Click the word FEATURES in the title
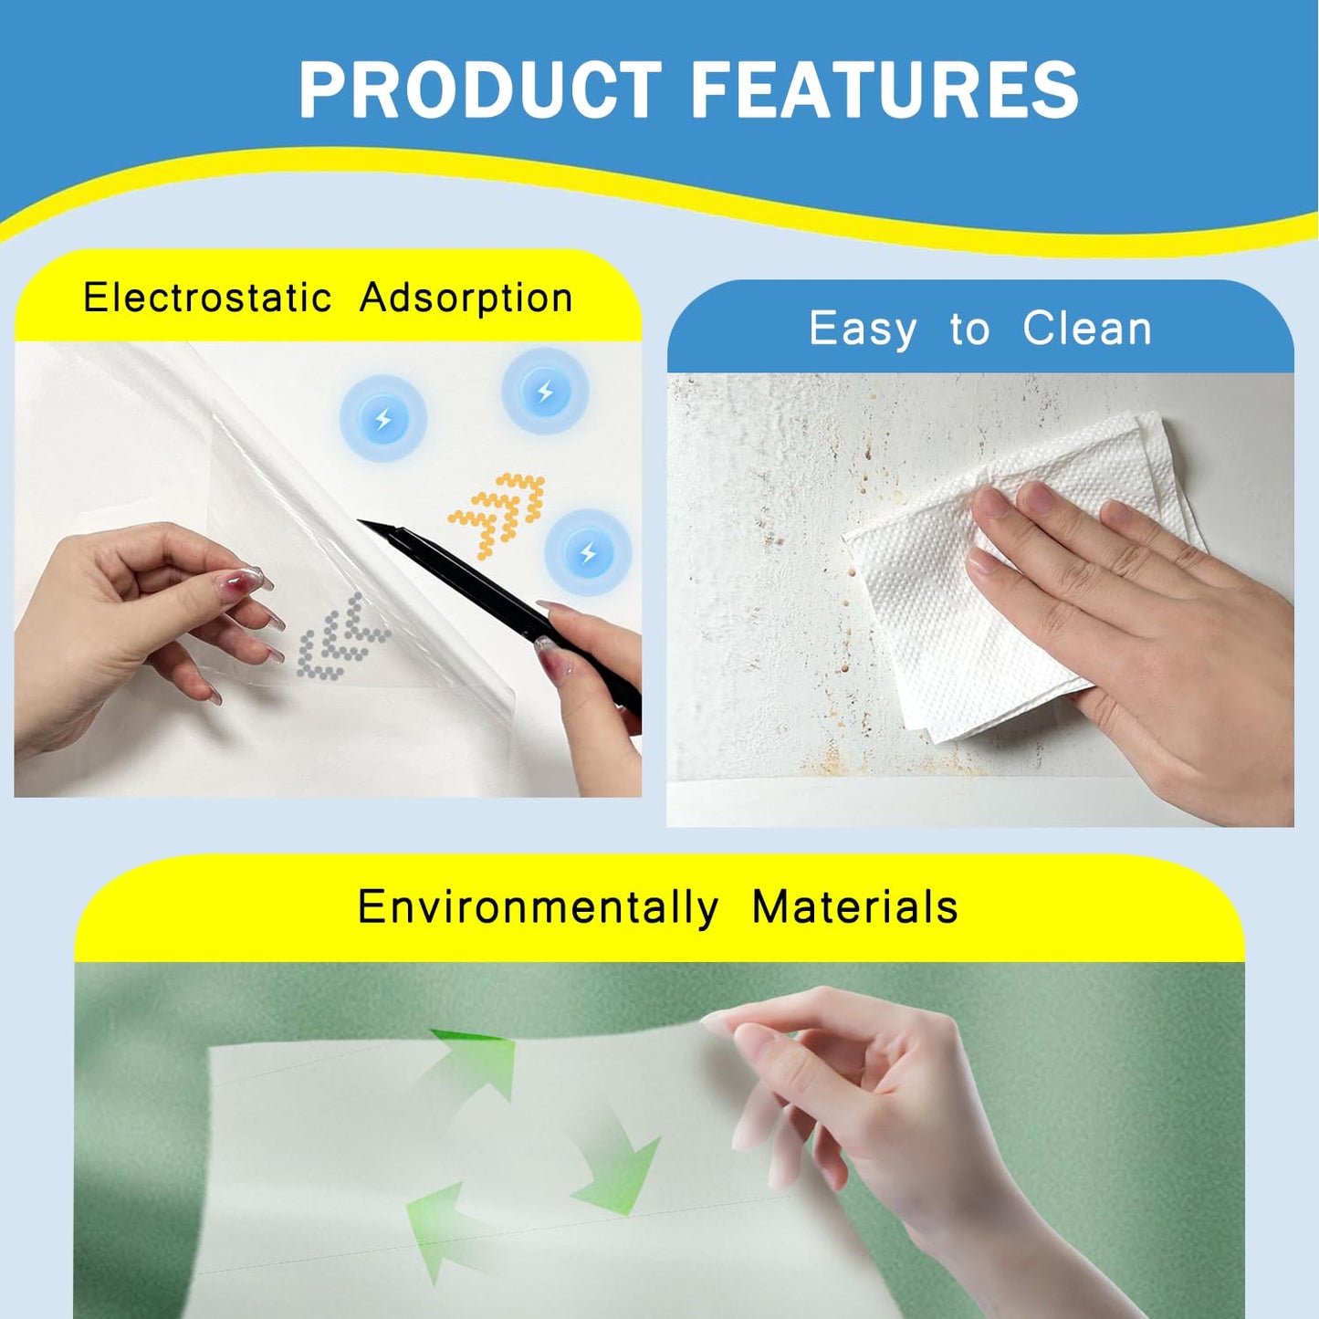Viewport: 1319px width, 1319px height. (x=884, y=89)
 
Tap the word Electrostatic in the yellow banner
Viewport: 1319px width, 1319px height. (x=207, y=298)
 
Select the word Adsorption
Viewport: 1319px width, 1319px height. (x=466, y=298)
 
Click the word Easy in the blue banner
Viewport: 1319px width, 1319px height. (x=863, y=329)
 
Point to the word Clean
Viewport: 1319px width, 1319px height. (x=1087, y=329)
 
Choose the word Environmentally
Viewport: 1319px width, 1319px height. (x=538, y=907)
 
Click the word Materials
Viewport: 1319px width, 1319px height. (x=854, y=907)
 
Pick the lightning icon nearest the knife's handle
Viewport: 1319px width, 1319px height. (x=588, y=552)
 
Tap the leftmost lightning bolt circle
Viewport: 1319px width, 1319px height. (x=383, y=419)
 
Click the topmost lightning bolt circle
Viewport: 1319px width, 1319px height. (x=545, y=392)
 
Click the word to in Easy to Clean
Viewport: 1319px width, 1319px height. (x=969, y=330)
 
